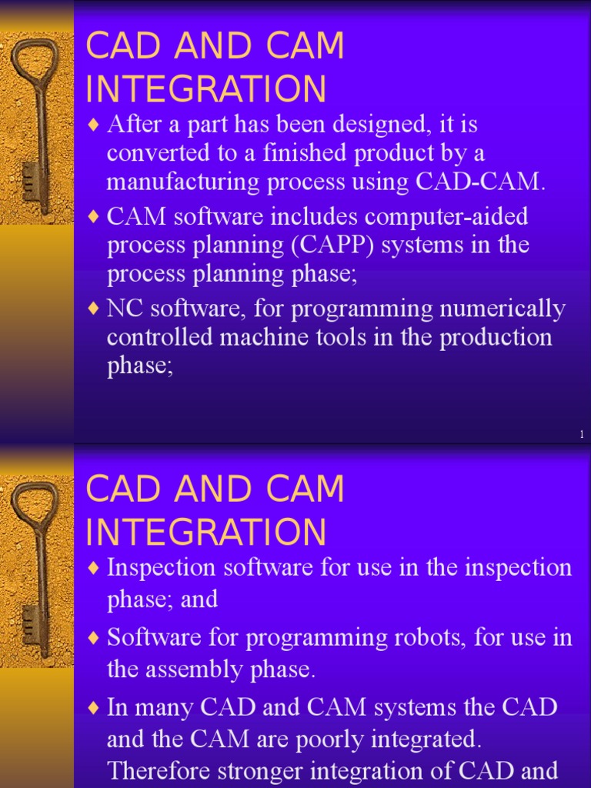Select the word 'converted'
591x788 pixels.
tap(156, 153)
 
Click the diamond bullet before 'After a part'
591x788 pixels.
tap(94, 124)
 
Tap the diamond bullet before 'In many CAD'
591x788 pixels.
tap(94, 708)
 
